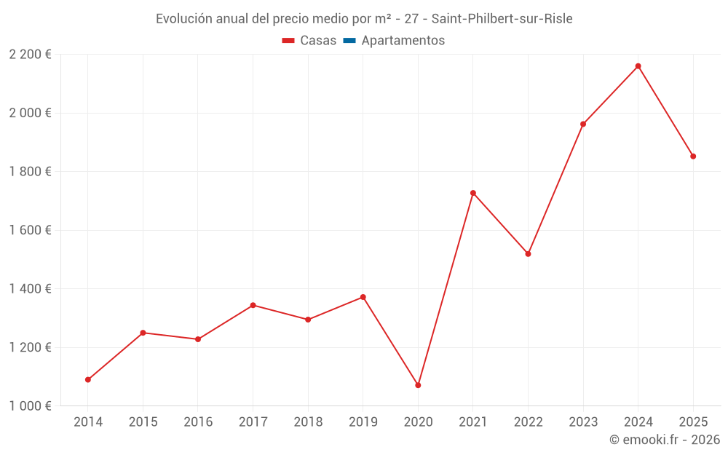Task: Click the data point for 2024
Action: click(638, 66)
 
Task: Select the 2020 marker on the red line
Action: click(418, 385)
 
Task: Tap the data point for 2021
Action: click(473, 193)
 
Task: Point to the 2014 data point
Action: click(88, 379)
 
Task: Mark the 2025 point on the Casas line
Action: click(693, 157)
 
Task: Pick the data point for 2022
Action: click(528, 254)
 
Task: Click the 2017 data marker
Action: click(253, 305)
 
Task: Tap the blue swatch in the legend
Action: click(349, 41)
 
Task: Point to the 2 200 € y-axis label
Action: click(30, 55)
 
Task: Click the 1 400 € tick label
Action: click(30, 289)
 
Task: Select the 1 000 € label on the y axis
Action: click(30, 406)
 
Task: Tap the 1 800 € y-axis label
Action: click(30, 172)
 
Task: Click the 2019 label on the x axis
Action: click(363, 422)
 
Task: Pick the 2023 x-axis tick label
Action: click(583, 422)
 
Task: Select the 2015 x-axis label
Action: click(143, 422)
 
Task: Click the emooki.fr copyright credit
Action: click(664, 440)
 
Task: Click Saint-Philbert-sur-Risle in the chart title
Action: click(502, 19)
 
